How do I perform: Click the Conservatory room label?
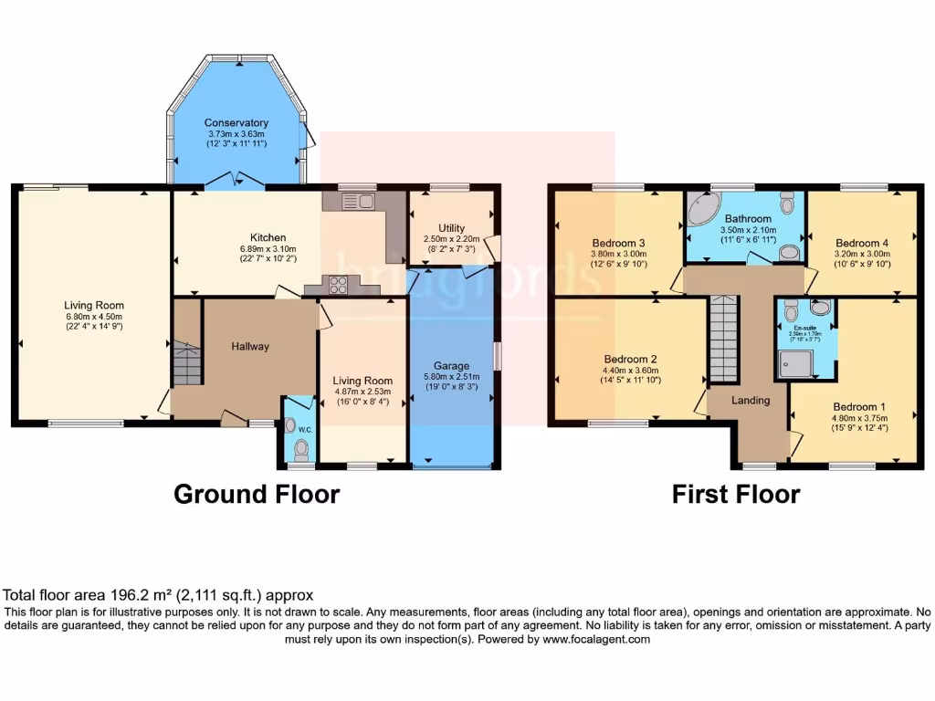coord(236,123)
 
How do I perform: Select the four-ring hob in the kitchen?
coord(338,285)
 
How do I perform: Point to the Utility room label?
coord(451,228)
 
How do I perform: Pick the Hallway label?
coord(250,347)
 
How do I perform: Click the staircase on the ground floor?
coord(186,363)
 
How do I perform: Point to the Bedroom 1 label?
coord(857,407)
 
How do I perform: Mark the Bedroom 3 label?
coord(618,243)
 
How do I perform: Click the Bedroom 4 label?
coord(860,243)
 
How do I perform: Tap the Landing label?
coord(751,401)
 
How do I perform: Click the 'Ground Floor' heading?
coord(257,495)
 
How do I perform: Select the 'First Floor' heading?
coord(736,495)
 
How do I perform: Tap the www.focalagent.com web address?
coord(597,640)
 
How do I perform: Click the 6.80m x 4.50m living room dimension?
coord(93,317)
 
